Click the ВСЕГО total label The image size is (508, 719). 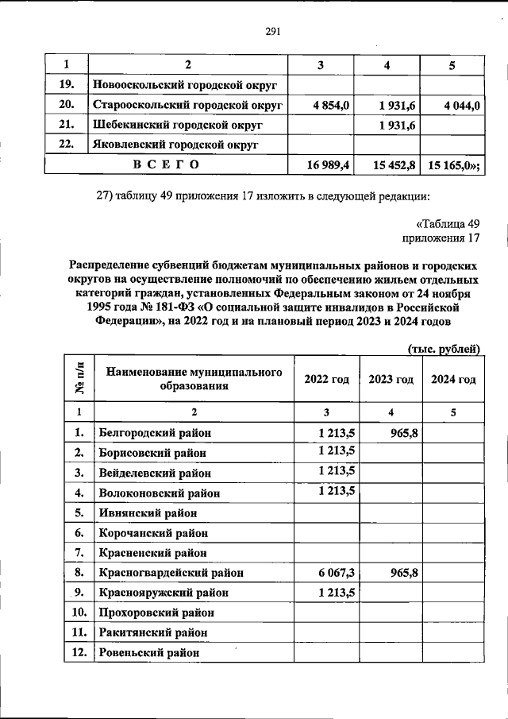click(x=166, y=164)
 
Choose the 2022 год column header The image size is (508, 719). click(x=326, y=380)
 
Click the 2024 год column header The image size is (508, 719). click(x=453, y=380)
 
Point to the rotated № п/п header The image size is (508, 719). click(x=79, y=379)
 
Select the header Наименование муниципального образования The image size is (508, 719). click(x=194, y=380)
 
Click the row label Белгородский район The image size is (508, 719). click(x=155, y=433)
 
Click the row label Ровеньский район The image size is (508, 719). click(x=148, y=653)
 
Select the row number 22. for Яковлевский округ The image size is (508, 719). click(x=67, y=145)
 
